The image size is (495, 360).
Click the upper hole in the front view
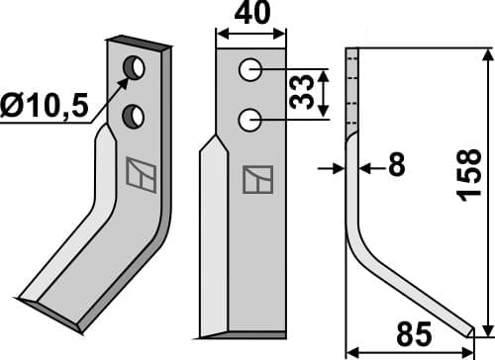click(250, 70)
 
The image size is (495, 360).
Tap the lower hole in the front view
click(250, 121)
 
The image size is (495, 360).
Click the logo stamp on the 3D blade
click(140, 174)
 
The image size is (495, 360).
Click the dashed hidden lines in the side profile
click(349, 89)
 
